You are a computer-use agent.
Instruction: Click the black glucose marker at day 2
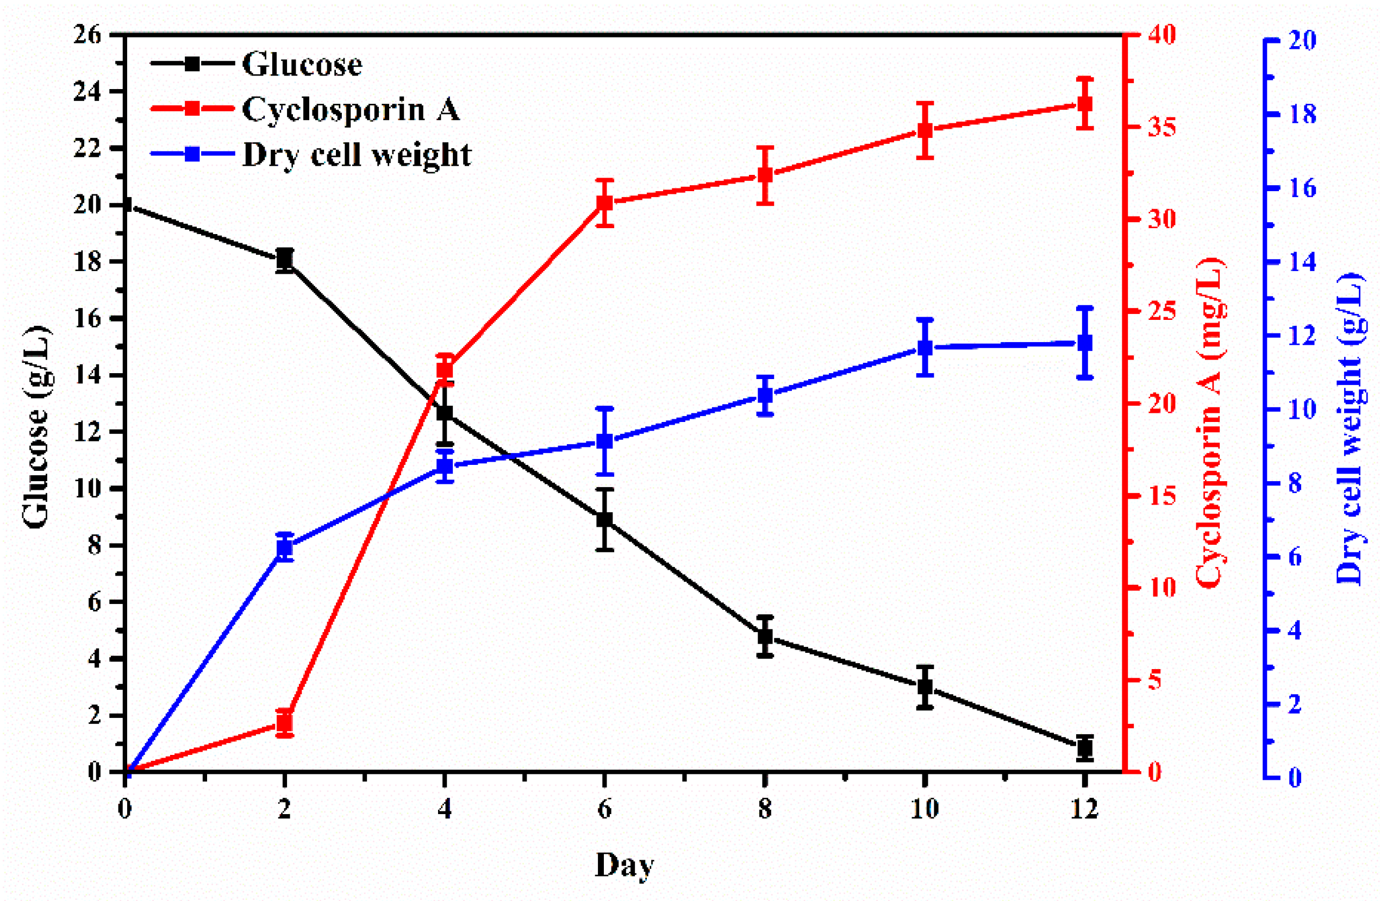284,260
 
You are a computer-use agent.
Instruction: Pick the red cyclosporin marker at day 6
605,203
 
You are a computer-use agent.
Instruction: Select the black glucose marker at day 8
765,636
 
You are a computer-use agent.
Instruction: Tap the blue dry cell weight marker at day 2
284,547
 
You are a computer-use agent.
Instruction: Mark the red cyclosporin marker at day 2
284,722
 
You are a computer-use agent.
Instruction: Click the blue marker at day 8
765,396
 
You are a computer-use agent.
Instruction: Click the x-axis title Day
625,866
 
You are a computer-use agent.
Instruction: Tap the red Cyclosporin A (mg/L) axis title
1210,423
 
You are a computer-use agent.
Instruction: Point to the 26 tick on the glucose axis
88,35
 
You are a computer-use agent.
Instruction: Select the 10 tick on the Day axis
924,809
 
